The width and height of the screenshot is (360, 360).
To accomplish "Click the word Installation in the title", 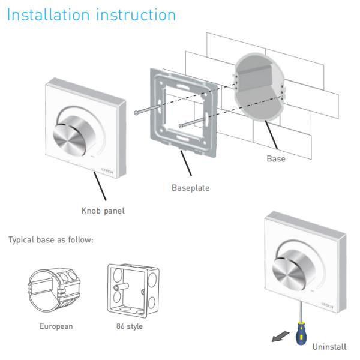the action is [48, 14].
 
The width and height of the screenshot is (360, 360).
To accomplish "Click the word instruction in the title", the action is [136, 14].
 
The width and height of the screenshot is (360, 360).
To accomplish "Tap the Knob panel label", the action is [103, 211].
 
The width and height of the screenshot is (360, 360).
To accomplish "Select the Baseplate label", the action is [191, 188].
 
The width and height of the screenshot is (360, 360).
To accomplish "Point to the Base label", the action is [276, 158].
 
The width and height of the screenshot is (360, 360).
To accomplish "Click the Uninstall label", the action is [329, 347].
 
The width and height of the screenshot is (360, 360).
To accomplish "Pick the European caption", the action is [56, 326].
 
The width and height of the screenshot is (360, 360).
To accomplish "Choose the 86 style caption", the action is [130, 326].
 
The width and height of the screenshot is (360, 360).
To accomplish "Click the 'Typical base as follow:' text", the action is [51, 240].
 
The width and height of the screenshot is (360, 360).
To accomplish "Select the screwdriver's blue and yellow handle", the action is [301, 333].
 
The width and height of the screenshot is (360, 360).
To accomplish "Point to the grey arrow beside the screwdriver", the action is [280, 337].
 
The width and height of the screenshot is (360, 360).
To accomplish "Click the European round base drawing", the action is [54, 290].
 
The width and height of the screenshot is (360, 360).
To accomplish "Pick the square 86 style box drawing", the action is [133, 290].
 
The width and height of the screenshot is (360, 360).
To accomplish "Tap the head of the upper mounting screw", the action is [136, 113].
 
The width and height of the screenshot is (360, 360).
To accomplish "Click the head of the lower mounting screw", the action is [181, 126].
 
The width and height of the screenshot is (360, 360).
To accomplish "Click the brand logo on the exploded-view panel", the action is [107, 170].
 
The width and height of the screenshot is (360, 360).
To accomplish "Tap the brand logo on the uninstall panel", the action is [328, 305].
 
